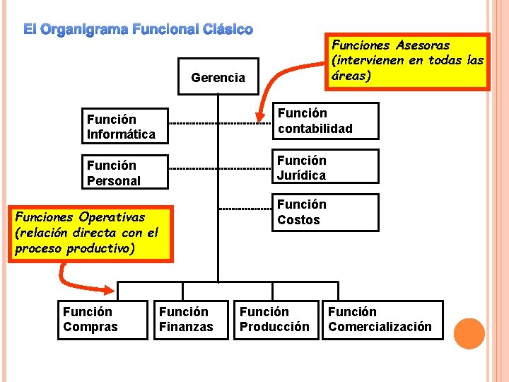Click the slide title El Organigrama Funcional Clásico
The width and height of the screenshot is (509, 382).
pos(138,30)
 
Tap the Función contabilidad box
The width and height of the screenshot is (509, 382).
pos(326,121)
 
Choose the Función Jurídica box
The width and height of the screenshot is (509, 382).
pos(326,168)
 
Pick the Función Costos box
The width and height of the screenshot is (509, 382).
pos(326,212)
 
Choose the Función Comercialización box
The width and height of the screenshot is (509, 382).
pos(382,320)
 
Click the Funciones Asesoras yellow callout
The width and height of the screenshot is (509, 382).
pos(408,61)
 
